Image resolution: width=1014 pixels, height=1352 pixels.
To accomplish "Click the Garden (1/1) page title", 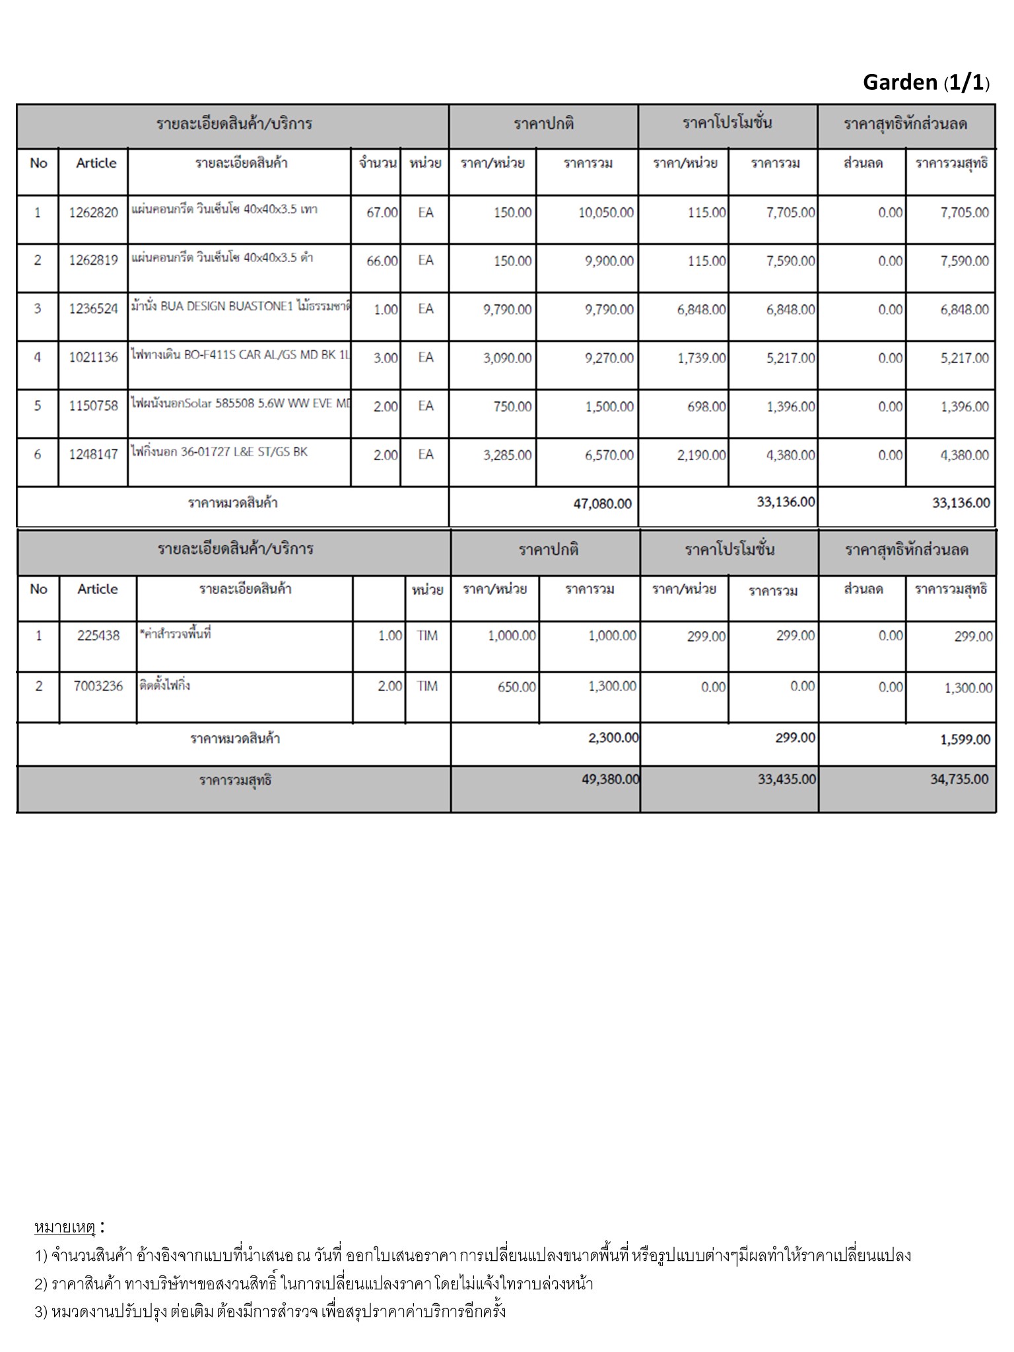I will coord(926,82).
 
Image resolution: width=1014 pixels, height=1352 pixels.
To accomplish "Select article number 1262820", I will coord(93,213).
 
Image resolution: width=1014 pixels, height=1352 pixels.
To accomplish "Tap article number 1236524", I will coord(93,309).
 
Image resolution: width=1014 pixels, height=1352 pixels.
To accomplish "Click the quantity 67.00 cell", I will coord(382,213).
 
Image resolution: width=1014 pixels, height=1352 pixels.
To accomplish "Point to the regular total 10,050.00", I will coord(606,213).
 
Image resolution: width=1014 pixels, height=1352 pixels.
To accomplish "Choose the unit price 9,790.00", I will coord(507,309).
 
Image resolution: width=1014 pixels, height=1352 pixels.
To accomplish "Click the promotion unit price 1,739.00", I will coord(701,358).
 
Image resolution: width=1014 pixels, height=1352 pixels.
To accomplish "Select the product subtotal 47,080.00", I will coord(602,504).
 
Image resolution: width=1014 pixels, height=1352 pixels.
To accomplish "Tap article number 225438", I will coord(98,636).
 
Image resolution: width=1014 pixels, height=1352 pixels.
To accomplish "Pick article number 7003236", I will coord(98,686).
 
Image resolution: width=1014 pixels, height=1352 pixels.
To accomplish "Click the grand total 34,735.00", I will coord(959,780).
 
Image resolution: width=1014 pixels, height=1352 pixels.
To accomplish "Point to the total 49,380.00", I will coord(610,780).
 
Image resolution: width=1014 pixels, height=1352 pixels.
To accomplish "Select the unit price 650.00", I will coord(516,687).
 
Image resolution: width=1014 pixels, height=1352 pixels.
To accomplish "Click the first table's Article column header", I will coord(96,163).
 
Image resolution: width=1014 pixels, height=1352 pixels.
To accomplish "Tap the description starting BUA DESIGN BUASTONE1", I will coord(240,306).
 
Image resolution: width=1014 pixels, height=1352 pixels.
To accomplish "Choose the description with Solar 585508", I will coord(240,403).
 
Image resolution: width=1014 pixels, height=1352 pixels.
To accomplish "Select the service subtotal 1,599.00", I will coord(965,740).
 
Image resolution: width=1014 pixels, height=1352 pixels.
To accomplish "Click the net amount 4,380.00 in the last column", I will coord(964,456).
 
